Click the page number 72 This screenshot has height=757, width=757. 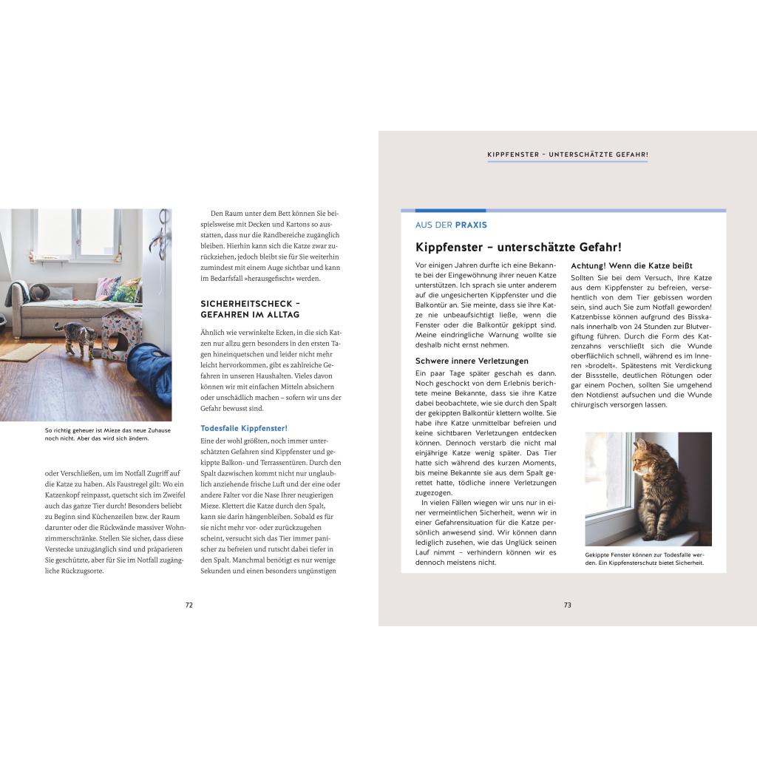pyautogui.click(x=189, y=605)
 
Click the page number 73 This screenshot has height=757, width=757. pyautogui.click(x=567, y=605)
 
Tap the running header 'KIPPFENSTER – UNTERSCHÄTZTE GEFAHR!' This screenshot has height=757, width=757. pyautogui.click(x=567, y=155)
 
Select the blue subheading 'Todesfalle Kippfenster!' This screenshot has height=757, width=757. pyautogui.click(x=244, y=428)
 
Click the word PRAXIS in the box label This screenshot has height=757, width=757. pyautogui.click(x=471, y=225)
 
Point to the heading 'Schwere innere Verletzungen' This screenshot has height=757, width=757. pyautogui.click(x=472, y=361)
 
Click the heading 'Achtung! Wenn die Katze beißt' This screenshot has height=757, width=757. pyautogui.click(x=631, y=265)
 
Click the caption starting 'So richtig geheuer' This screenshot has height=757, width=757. pyautogui.click(x=107, y=434)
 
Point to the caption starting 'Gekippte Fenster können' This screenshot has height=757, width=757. pyautogui.click(x=645, y=558)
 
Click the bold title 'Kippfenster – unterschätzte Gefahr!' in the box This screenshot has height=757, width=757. pyautogui.click(x=518, y=247)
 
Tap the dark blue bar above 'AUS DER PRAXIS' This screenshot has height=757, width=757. pyautogui.click(x=450, y=211)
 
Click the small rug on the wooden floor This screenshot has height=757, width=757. pyautogui.click(x=27, y=351)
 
